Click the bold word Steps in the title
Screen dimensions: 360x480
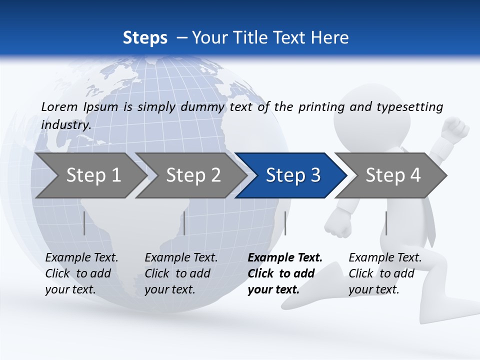click(x=145, y=38)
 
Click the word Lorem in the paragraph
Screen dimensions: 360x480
click(x=59, y=106)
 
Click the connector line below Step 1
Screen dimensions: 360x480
click(x=84, y=223)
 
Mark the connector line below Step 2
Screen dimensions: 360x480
click(x=184, y=223)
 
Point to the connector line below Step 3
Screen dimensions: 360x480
click(x=285, y=223)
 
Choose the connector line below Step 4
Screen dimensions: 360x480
click(x=386, y=223)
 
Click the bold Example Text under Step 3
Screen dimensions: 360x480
click(x=285, y=258)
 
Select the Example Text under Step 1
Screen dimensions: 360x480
click(x=81, y=258)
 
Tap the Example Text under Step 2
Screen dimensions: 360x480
click(x=181, y=258)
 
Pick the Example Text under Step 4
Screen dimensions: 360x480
click(x=385, y=258)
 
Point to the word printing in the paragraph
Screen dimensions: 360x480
click(x=321, y=107)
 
